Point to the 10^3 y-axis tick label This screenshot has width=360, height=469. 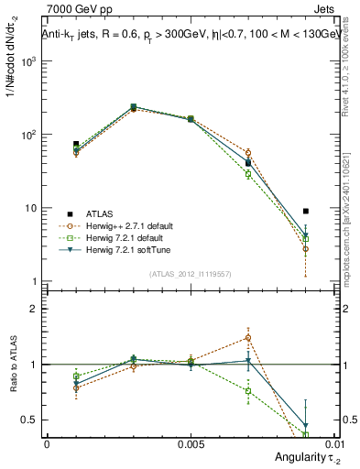[x=29, y=61]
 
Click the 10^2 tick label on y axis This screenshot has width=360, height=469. [x=29, y=135]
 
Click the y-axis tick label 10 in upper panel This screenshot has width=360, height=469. [x=31, y=208]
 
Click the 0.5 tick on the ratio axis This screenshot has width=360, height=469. [x=29, y=420]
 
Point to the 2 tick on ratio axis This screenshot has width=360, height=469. [x=33, y=309]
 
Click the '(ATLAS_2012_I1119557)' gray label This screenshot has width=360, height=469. [x=190, y=273]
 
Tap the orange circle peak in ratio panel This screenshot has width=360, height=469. [x=248, y=337]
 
